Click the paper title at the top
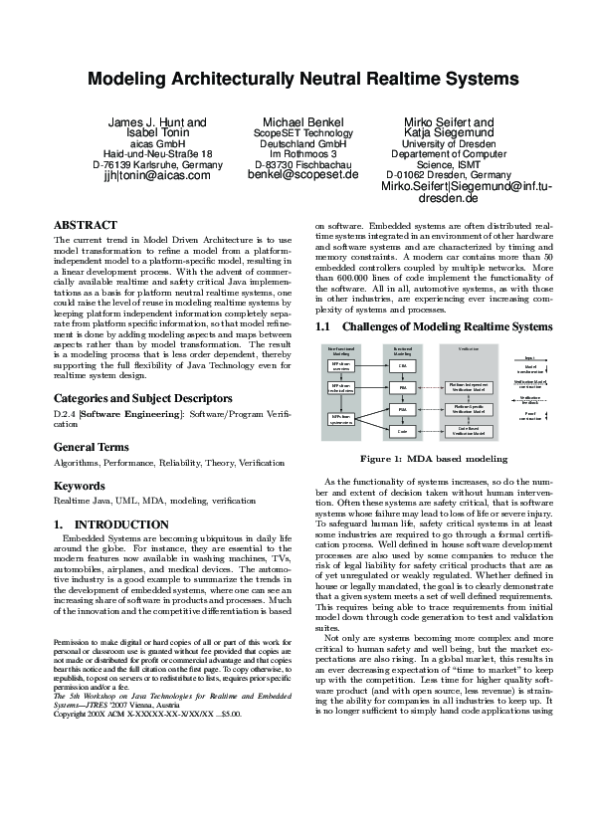pos(296,79)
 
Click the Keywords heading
pos(79,486)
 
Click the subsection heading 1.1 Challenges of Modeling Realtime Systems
pos(433,326)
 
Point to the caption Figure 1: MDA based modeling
pos(434,459)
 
